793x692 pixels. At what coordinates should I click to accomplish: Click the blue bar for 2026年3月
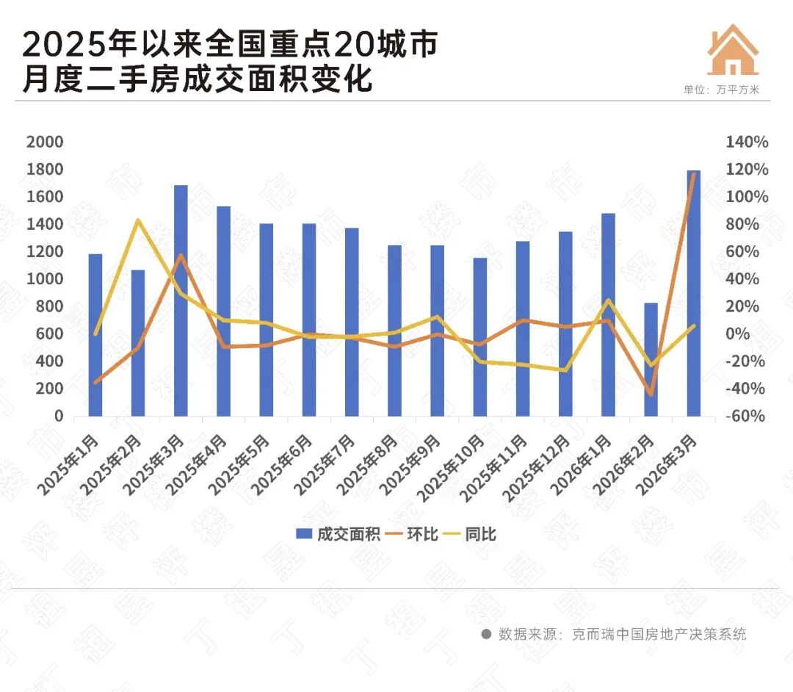click(x=693, y=294)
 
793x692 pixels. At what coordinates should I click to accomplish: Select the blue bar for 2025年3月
click(x=181, y=301)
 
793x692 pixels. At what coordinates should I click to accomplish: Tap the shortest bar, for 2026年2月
click(x=651, y=360)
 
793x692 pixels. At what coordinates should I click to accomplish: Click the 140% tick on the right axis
click(x=747, y=143)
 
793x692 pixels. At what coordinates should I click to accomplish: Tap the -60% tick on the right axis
click(x=747, y=417)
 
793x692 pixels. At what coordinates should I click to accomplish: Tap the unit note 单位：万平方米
click(x=722, y=90)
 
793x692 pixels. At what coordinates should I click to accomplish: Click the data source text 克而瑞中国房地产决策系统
click(x=659, y=633)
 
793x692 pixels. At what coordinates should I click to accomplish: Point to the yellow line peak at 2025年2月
click(x=138, y=220)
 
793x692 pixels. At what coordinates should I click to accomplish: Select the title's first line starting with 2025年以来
click(x=230, y=45)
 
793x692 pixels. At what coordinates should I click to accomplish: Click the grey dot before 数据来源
click(x=485, y=633)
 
